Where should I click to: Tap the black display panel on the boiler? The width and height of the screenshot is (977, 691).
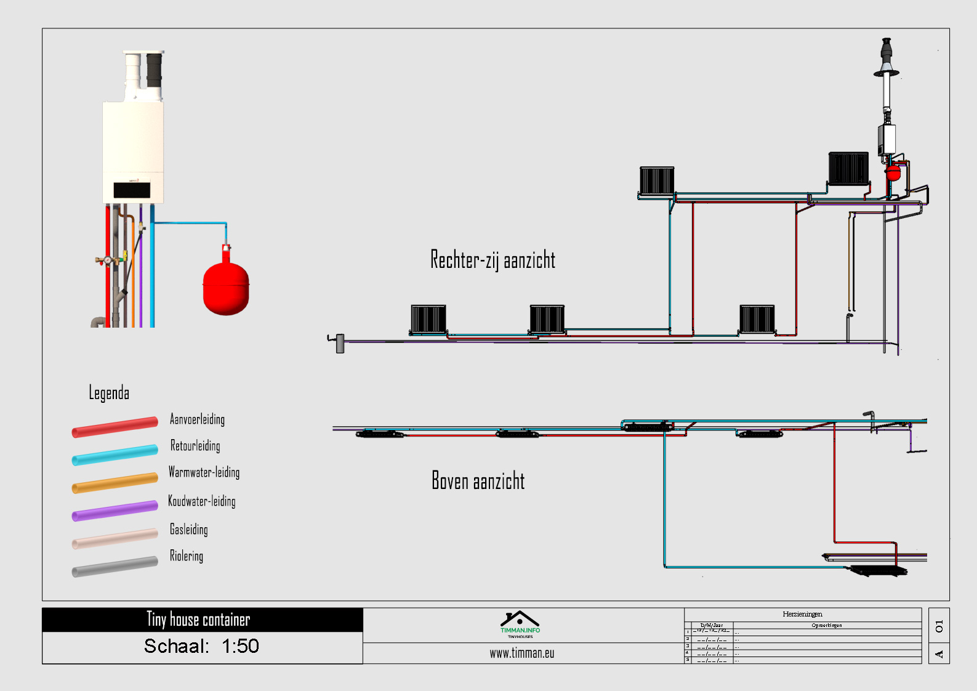tap(132, 190)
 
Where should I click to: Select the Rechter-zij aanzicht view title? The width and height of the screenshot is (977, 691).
tap(493, 260)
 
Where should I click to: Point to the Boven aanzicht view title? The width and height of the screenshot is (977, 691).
tap(478, 480)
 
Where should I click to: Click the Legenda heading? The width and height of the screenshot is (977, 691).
tap(109, 393)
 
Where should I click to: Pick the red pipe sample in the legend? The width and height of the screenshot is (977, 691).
tap(115, 427)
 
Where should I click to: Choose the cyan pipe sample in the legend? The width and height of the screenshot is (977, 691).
tap(115, 455)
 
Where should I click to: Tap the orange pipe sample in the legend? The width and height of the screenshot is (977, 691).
tap(115, 482)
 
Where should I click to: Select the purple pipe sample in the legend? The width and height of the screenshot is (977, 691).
tap(115, 511)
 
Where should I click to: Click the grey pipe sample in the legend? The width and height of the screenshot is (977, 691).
tap(115, 567)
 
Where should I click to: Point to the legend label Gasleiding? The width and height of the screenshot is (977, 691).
tap(189, 529)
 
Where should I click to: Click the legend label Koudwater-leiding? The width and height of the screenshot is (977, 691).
tap(202, 501)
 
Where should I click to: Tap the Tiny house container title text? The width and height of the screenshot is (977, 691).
tap(198, 620)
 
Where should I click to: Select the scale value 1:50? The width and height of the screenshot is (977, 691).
tap(240, 646)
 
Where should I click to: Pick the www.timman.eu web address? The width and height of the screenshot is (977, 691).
tap(522, 653)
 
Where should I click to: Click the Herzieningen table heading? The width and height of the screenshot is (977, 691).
tap(802, 614)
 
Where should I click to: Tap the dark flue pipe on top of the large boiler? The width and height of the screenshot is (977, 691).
tap(154, 70)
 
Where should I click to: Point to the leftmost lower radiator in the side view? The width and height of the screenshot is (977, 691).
tap(428, 319)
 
